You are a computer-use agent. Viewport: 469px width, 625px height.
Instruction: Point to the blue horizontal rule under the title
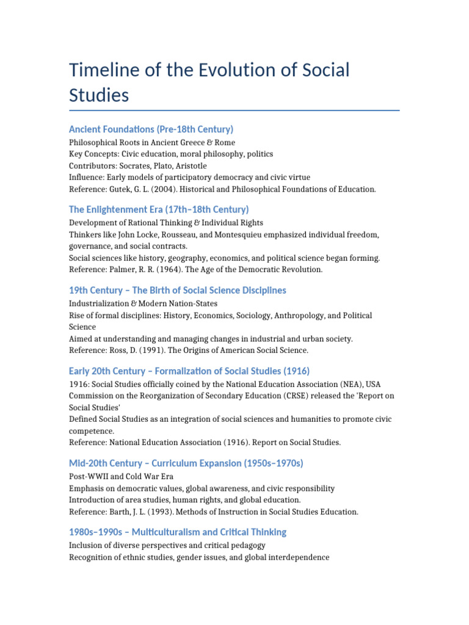click(234, 110)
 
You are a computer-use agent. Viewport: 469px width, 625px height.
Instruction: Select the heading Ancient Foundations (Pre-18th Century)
click(151, 129)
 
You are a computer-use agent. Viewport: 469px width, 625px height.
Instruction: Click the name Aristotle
click(189, 166)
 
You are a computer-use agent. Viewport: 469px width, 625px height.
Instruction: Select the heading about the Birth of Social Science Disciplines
click(177, 290)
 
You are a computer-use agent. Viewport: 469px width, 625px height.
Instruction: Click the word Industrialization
click(99, 303)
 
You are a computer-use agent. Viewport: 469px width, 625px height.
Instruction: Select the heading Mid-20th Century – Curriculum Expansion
click(186, 463)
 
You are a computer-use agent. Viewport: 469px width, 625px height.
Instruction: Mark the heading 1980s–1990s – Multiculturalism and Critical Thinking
click(177, 532)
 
